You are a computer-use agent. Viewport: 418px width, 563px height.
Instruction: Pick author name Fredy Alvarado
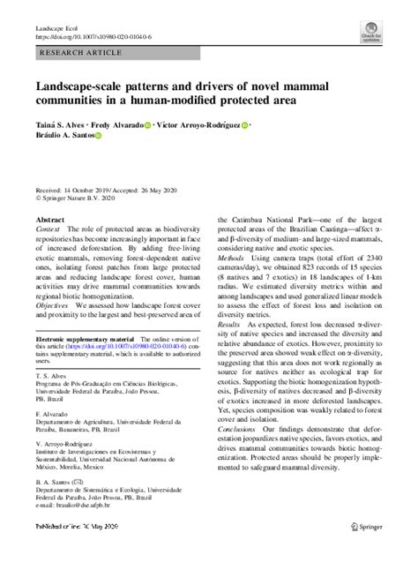(x=117, y=125)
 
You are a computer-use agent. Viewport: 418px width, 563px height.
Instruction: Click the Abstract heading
(x=49, y=217)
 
